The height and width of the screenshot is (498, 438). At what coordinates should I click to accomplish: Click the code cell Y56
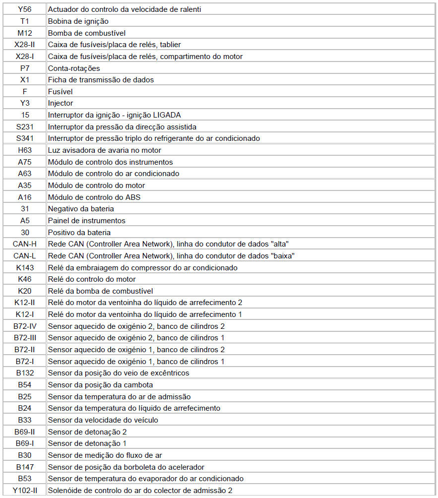[24, 9]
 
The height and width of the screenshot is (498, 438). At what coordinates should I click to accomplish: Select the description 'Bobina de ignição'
[78, 21]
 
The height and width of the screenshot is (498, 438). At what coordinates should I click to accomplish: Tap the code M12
[24, 33]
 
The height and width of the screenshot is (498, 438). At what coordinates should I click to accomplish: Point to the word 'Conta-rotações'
[74, 68]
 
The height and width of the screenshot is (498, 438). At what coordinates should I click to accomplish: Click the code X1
[24, 80]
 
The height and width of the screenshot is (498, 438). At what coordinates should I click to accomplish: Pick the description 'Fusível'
[61, 92]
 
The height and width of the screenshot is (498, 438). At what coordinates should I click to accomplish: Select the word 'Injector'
[61, 103]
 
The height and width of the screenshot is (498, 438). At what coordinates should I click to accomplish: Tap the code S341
[24, 138]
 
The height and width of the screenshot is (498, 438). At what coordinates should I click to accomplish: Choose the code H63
[24, 150]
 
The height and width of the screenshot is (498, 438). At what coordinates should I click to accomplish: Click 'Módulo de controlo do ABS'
[94, 197]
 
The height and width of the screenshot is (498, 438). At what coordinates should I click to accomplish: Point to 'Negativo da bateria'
[81, 209]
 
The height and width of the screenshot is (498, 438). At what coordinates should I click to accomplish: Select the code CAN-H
[24, 244]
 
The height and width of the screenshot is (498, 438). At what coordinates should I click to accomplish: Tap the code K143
[24, 267]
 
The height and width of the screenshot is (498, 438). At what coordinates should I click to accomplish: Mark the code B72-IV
[24, 326]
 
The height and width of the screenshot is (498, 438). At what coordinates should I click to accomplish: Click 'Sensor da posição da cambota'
[100, 385]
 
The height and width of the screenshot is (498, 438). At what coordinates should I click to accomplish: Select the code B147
[24, 467]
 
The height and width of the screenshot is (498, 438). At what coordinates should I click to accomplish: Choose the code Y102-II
[24, 491]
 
